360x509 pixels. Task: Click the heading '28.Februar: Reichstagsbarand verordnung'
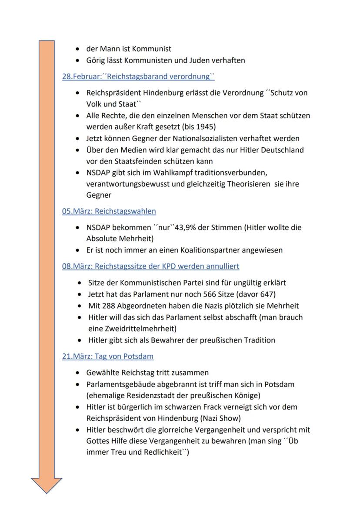[x=138, y=77]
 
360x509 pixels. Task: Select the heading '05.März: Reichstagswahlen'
[x=109, y=211]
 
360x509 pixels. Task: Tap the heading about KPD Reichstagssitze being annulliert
[x=150, y=266]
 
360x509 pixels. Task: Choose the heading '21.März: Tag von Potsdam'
[x=107, y=356]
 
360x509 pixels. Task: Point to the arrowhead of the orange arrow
[x=47, y=484]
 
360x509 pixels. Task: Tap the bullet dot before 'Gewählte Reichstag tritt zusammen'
[x=77, y=373]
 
